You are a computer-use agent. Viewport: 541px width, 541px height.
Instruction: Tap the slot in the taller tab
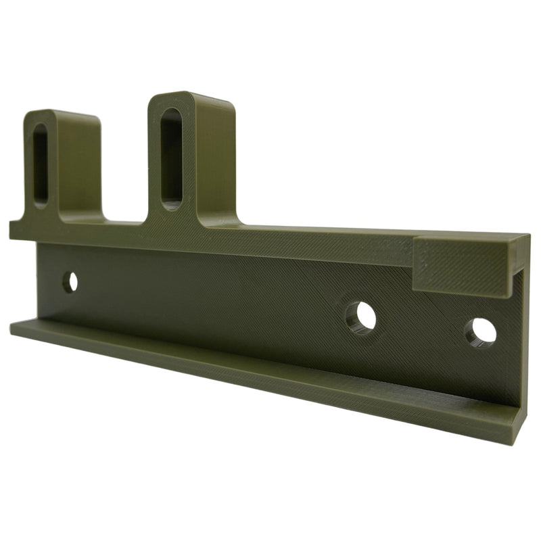point(172,156)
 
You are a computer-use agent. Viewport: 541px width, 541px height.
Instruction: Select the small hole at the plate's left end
point(70,281)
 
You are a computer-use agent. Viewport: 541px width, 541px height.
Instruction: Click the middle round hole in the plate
point(361,316)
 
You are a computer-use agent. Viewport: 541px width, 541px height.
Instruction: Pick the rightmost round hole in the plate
point(481,331)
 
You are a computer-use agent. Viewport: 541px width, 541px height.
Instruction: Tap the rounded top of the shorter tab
point(61,114)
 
